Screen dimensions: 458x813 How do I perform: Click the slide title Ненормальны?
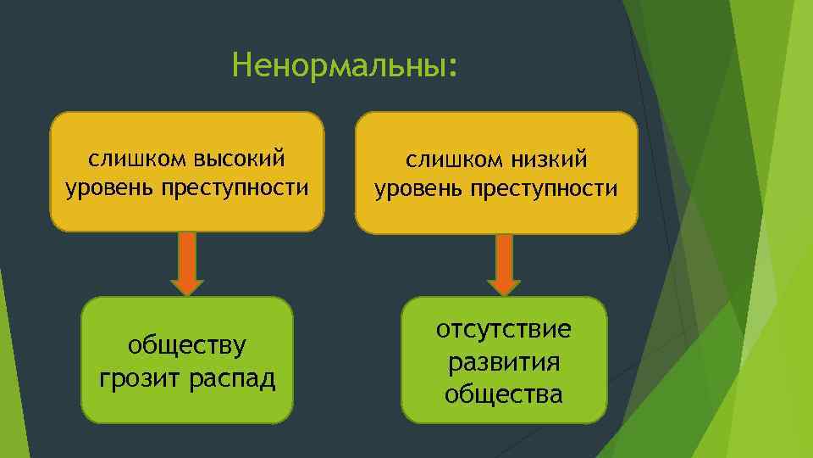pos(344,65)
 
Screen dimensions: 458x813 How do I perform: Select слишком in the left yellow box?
pos(136,158)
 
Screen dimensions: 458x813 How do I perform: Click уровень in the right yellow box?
pos(415,187)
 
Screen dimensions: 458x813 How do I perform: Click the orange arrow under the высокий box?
pos(188,264)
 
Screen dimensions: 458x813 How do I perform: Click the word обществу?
pos(187,346)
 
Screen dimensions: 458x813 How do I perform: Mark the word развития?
pos(504,362)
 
